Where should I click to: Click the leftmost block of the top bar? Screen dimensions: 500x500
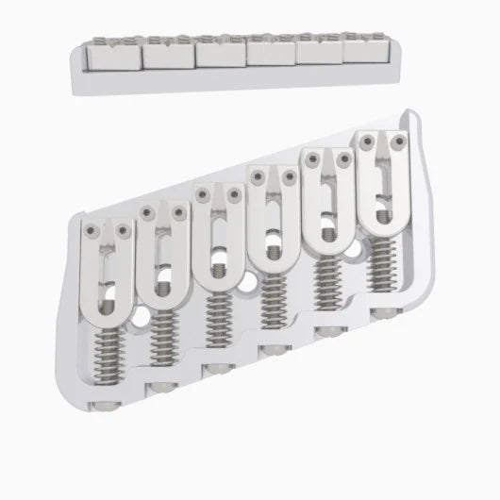click(x=115, y=60)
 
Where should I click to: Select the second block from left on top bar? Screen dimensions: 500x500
click(x=168, y=58)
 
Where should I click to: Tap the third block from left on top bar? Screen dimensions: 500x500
click(x=220, y=55)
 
